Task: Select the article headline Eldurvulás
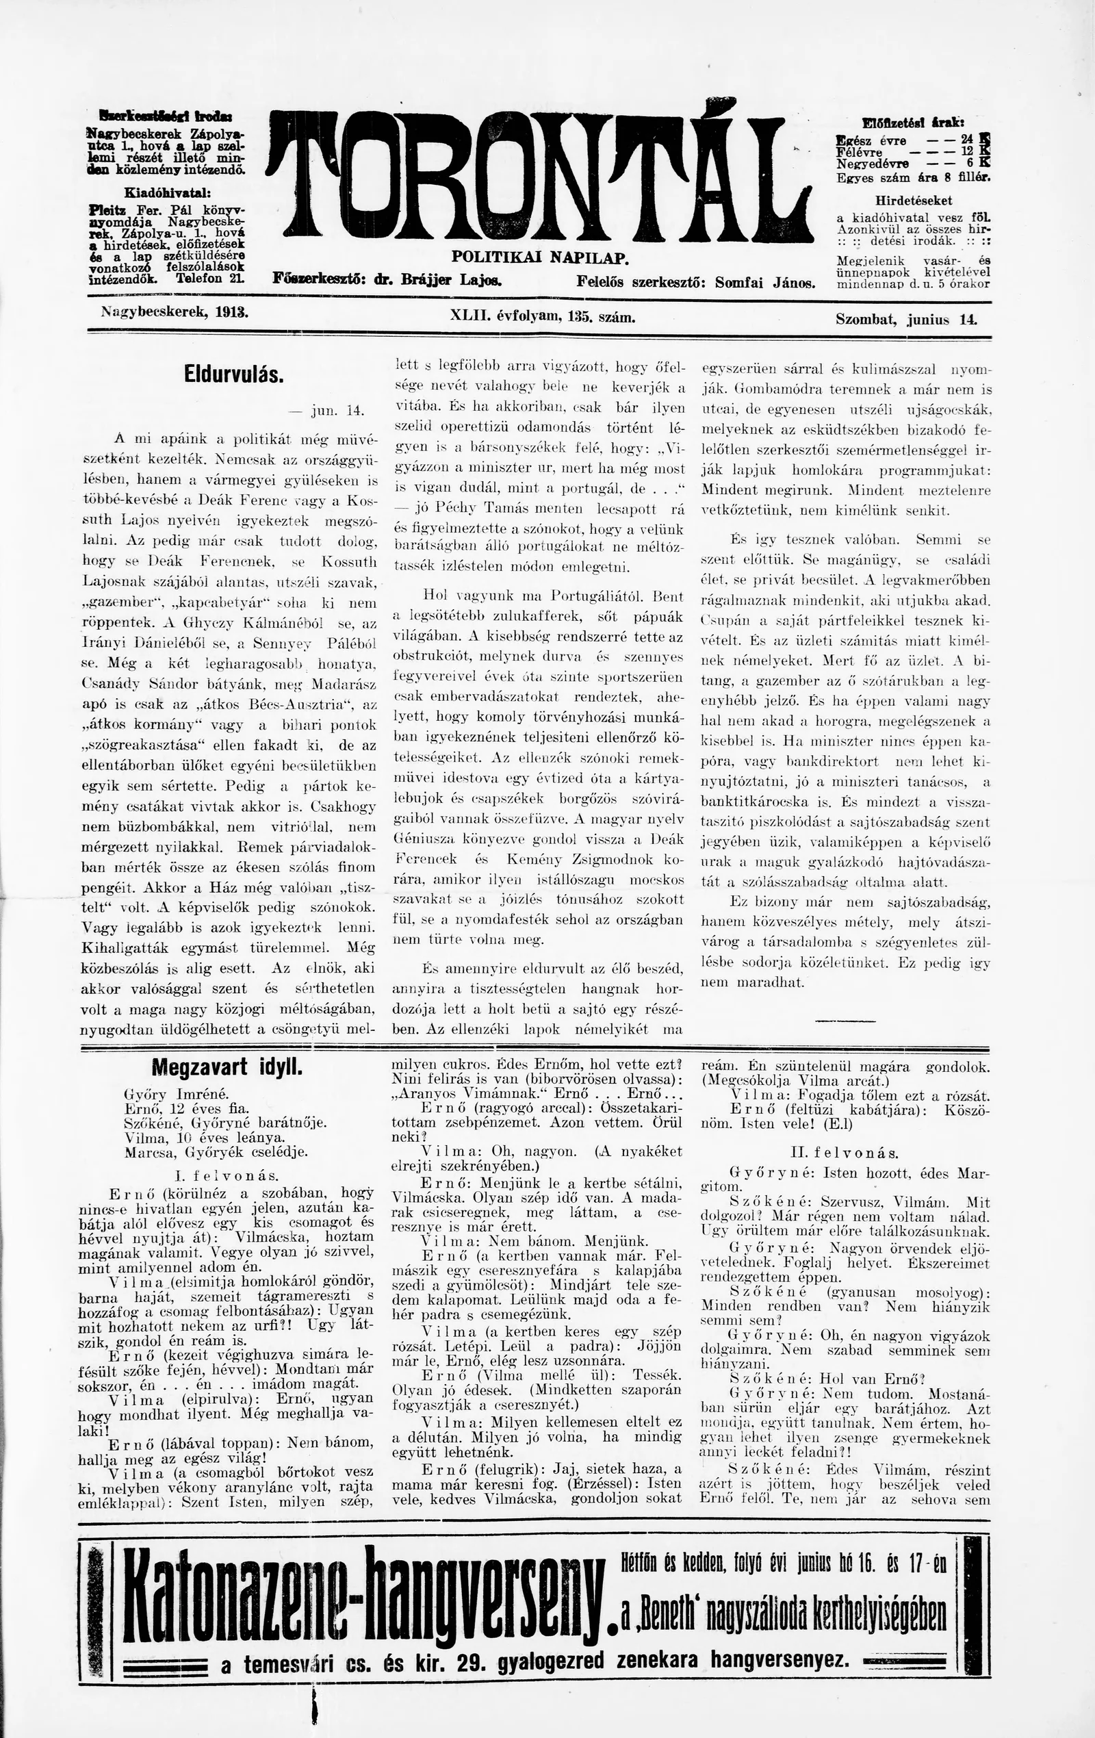click(x=233, y=376)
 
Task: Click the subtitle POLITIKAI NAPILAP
click(x=541, y=257)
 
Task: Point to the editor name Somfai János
click(x=764, y=283)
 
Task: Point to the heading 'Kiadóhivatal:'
click(x=168, y=193)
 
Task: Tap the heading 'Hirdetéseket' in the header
click(x=913, y=201)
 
